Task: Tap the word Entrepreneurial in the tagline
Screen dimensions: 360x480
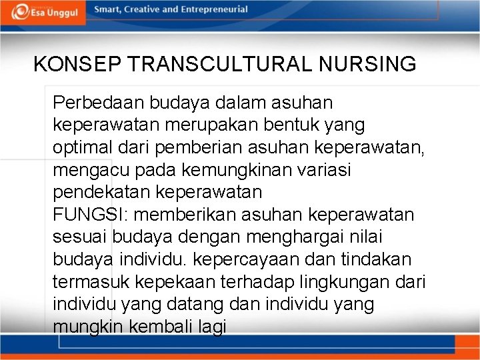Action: (211, 10)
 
